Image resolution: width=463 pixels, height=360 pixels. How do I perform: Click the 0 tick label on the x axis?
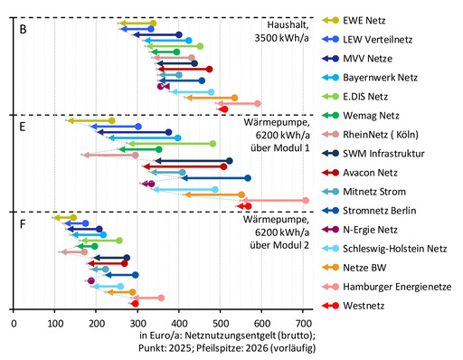click(x=14, y=321)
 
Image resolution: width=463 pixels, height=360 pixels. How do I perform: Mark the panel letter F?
click(x=22, y=223)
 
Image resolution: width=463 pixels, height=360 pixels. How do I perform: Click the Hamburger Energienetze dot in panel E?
click(x=305, y=200)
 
